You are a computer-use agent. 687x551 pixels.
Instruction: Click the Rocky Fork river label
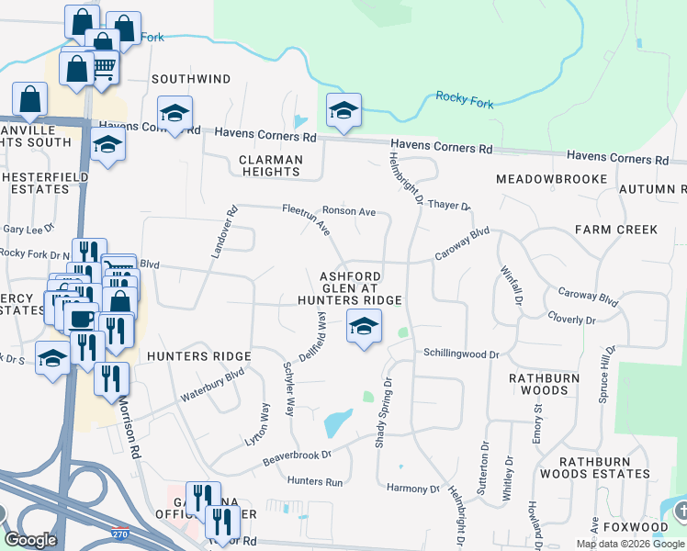click(x=464, y=99)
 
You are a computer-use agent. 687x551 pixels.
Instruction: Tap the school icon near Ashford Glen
click(x=364, y=326)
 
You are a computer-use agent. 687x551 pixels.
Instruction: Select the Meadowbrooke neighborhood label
click(x=551, y=178)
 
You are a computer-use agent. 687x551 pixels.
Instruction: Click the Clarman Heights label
click(x=271, y=165)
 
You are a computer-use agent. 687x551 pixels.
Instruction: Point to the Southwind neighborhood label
click(x=191, y=80)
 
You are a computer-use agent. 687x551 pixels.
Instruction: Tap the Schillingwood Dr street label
click(x=460, y=354)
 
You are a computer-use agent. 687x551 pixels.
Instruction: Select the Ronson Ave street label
click(x=355, y=212)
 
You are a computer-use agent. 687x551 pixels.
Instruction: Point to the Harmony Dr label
click(x=413, y=489)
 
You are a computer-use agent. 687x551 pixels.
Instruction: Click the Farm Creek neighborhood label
click(x=616, y=229)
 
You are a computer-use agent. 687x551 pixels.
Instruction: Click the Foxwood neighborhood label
click(x=643, y=527)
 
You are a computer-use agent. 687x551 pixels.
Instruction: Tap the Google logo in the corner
click(x=31, y=540)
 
